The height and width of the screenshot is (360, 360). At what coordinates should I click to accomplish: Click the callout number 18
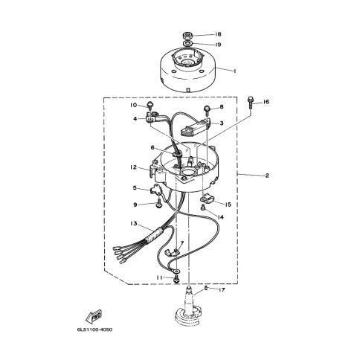(218, 34)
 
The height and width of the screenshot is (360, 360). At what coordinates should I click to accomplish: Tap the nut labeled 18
(187, 35)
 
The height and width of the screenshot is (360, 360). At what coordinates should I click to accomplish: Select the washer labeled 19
(187, 44)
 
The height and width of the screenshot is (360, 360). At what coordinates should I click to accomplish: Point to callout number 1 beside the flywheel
(235, 71)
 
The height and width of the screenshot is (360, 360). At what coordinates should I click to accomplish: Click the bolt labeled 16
(250, 103)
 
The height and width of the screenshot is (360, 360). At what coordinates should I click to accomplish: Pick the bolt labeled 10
(150, 106)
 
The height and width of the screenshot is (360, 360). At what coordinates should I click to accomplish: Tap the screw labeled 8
(207, 110)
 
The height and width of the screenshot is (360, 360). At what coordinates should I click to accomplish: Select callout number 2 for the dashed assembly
(267, 176)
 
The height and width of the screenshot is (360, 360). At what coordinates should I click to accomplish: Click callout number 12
(133, 167)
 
